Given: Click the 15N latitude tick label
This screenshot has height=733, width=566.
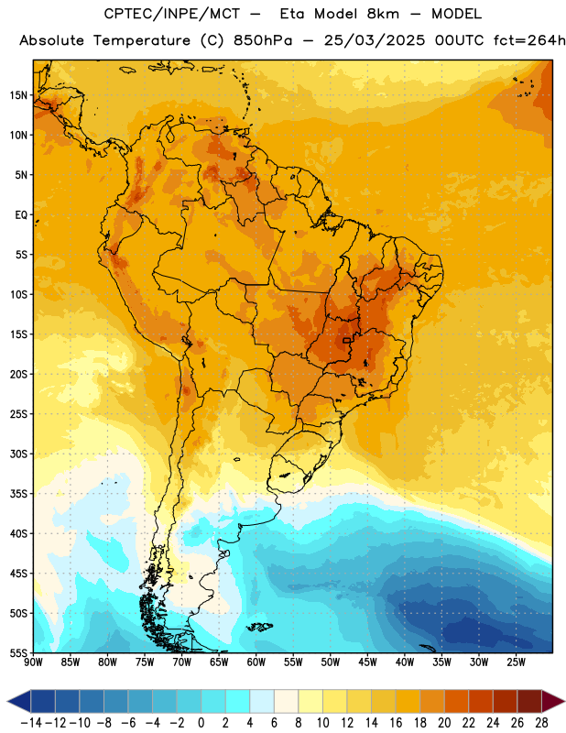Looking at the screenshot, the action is coord(18,95).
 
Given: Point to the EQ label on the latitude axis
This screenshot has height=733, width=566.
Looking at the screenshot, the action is coord(21,215).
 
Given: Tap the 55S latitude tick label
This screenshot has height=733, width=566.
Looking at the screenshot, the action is coord(18,652).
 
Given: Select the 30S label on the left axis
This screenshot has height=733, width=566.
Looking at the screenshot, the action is coord(18,454).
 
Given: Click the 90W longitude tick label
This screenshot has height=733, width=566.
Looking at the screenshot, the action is coord(34,662).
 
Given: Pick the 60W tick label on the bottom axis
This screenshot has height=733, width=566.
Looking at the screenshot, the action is coord(256,662).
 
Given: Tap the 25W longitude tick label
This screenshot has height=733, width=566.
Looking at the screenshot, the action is coord(516,662).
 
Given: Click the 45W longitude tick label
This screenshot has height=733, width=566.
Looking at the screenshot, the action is coord(367,662).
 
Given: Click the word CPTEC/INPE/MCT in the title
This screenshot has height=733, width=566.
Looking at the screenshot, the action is coord(172,14).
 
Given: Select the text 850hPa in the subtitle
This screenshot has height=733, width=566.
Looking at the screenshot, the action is coord(263,40).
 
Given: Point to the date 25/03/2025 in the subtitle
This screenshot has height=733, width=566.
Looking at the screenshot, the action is coord(375,40).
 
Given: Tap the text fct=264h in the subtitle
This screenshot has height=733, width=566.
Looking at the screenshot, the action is coord(529,40).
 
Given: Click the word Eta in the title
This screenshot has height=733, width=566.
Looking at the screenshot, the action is coord(293,14).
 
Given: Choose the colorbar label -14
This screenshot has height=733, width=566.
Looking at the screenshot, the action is coord(31,723).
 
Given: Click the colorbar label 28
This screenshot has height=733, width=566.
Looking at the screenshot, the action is coord(541,723).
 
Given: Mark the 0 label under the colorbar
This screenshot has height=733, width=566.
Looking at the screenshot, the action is coord(201,723).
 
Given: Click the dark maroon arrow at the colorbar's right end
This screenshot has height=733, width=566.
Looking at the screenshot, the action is coord(553,701).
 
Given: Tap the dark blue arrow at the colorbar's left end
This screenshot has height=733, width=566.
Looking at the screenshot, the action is coord(19,701).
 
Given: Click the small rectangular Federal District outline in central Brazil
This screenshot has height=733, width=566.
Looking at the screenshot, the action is coord(346,340).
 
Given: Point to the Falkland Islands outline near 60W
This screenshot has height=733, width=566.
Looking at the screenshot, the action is coord(259,627).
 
